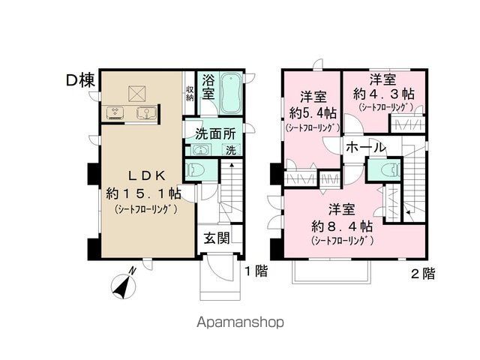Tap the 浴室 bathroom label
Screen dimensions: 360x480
208,88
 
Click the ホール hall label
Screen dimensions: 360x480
366,148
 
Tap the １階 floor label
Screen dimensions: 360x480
254,271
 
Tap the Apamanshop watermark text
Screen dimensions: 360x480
239,323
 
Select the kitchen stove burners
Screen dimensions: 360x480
116,113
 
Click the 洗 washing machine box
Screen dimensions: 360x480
230,150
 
